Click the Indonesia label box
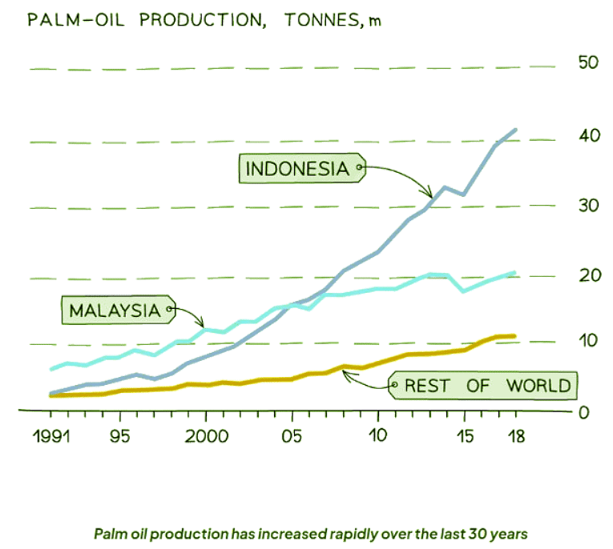(298, 169)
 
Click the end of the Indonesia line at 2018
(515, 129)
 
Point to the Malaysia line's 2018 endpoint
(514, 273)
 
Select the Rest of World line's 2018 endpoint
(514, 336)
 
